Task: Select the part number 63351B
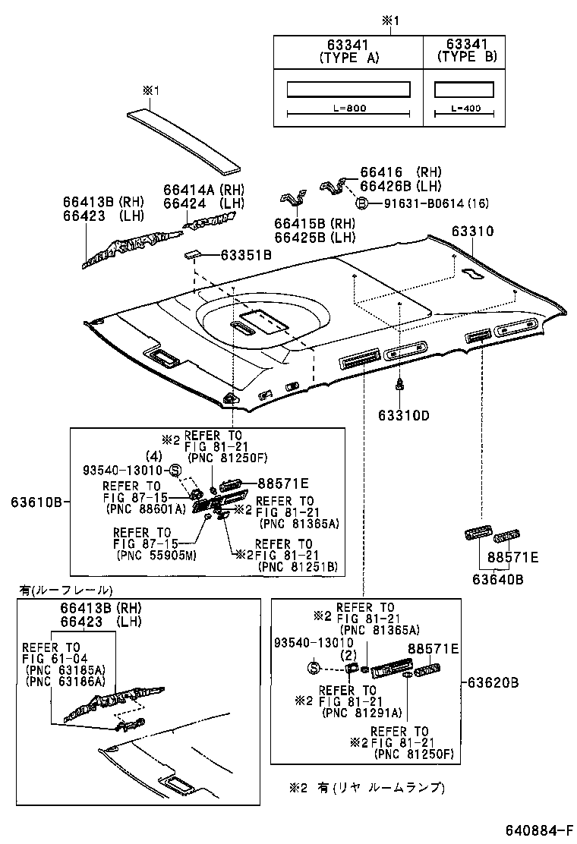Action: click(x=245, y=256)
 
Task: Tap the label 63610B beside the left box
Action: click(x=36, y=502)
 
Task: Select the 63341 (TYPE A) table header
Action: click(x=348, y=51)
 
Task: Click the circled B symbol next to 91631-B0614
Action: click(x=363, y=203)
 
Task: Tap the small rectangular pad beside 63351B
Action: click(x=193, y=255)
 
